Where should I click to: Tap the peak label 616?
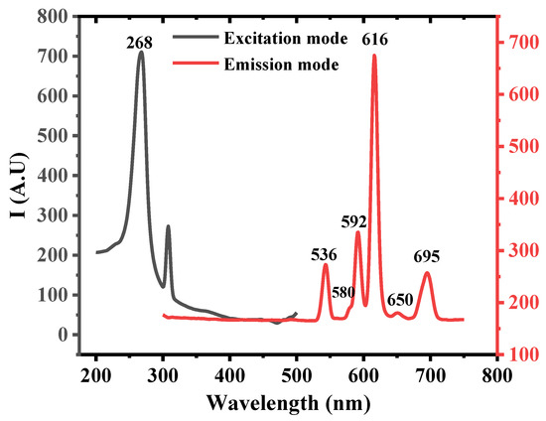click(375, 40)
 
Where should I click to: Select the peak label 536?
click(324, 255)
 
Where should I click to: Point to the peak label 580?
click(343, 292)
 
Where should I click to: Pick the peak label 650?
click(400, 300)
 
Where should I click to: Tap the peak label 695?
click(428, 255)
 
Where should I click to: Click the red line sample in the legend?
click(201, 64)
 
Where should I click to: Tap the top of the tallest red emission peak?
click(374, 56)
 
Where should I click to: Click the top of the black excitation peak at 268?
click(141, 52)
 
